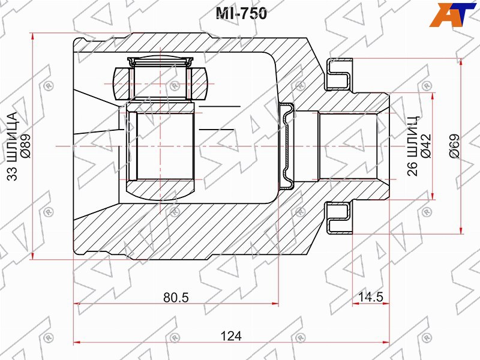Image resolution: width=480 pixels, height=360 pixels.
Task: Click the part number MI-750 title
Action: pos(241,13)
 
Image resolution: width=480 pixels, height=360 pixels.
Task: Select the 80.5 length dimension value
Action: pos(176,297)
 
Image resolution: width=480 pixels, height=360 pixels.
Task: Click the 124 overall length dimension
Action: pos(231,336)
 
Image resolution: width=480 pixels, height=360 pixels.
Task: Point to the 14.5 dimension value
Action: pos(371,296)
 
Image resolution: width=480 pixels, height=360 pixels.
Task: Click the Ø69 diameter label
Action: pos(455,146)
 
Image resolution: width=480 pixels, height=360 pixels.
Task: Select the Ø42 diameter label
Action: pos(426,146)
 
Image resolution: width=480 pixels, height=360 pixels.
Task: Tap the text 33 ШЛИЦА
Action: pos(12,146)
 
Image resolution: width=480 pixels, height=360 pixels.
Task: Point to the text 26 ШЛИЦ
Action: pos(412,146)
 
